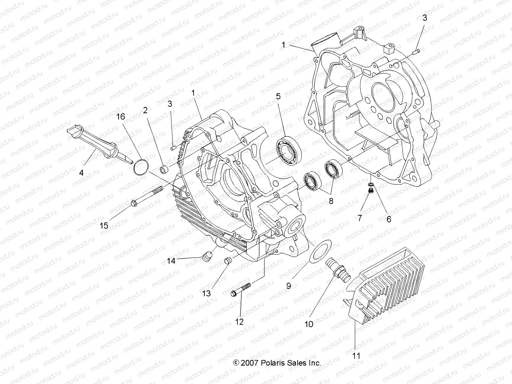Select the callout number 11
pos(356,356)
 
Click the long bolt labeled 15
pos(147,196)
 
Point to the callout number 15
pos(104,225)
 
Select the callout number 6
pos(389,219)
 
